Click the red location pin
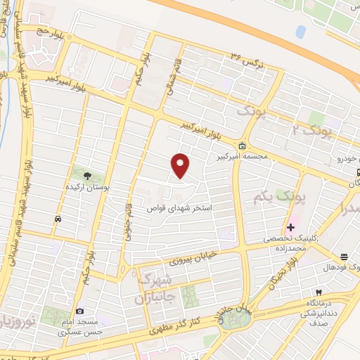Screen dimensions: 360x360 181,165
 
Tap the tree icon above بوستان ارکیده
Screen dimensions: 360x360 88,176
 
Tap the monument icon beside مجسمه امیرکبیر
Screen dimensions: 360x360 243,146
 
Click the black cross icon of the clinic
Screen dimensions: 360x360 291,227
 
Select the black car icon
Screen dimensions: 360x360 57,219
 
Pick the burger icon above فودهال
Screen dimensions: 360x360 344,257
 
